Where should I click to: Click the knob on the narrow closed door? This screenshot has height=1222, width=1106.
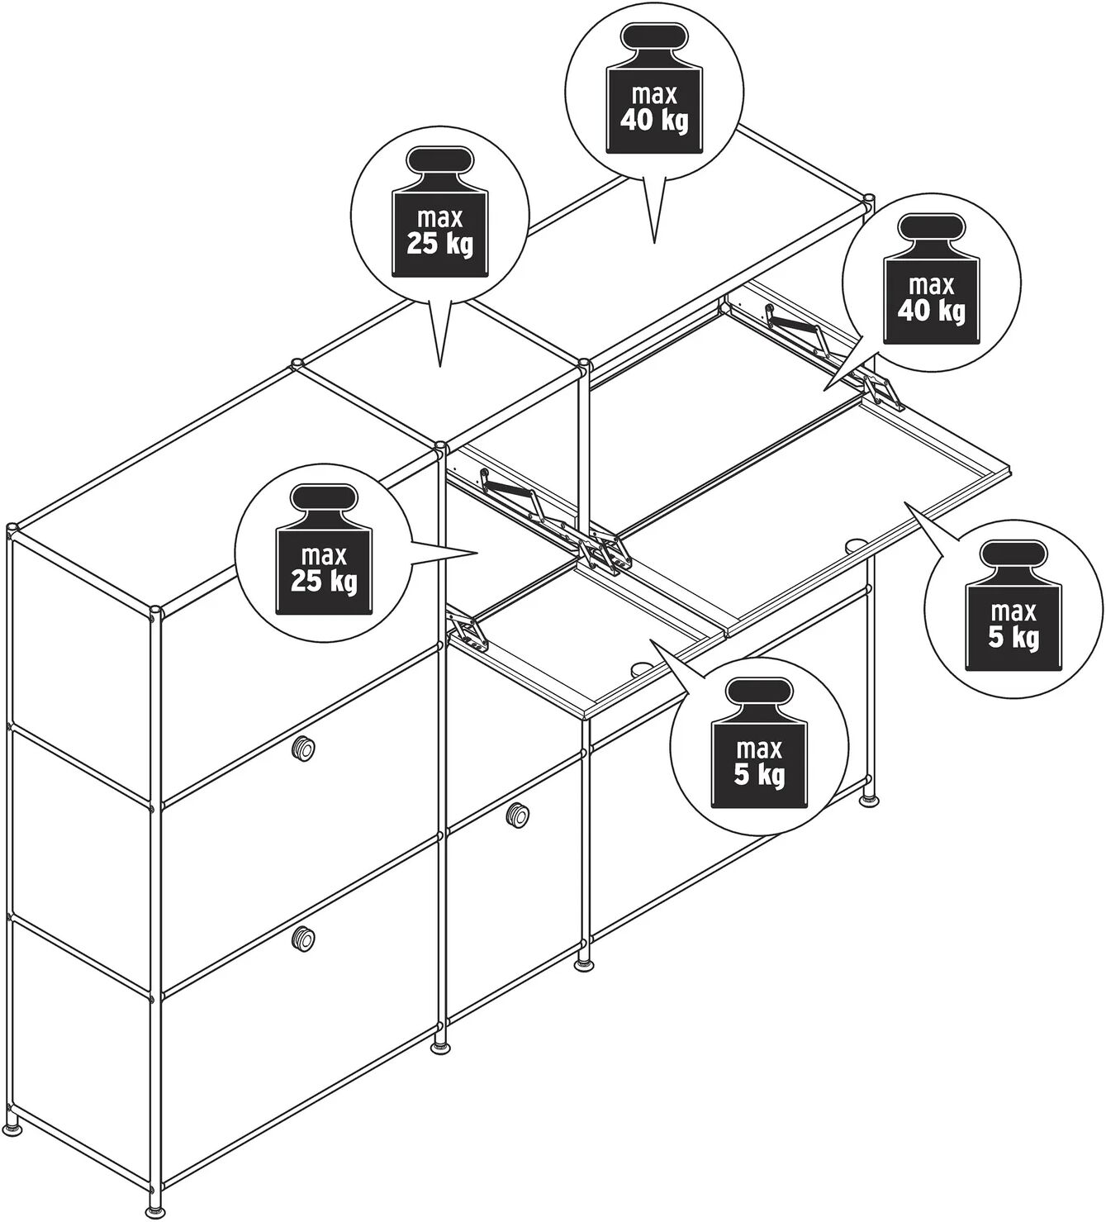(518, 814)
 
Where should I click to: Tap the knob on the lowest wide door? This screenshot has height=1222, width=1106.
(302, 954)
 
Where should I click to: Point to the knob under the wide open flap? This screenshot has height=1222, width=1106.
(857, 544)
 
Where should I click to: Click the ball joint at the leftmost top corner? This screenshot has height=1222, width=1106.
(12, 527)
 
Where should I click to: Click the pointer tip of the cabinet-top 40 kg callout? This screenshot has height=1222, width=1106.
(654, 244)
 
